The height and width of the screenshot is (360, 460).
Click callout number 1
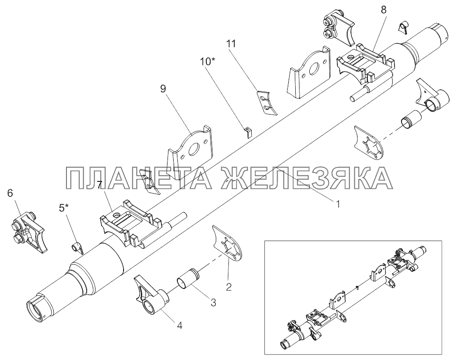tap(336, 203)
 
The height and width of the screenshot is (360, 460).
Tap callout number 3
tap(213, 302)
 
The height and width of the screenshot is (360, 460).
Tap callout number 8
tap(384, 9)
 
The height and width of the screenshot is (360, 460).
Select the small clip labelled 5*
tap(78, 246)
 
